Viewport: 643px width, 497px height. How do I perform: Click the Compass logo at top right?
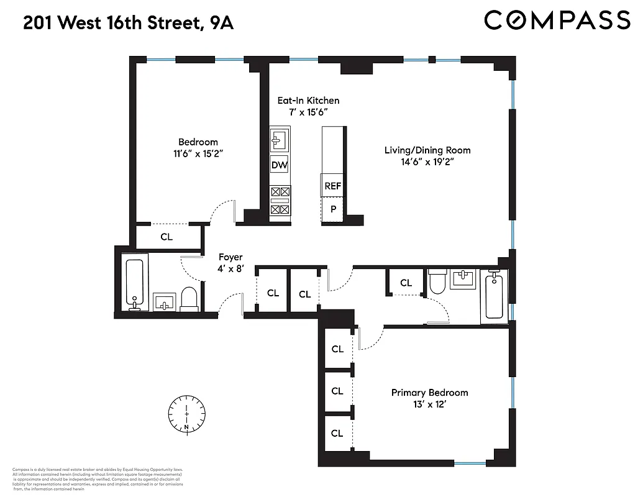[x=557, y=20]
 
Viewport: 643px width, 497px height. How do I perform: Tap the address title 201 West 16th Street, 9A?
[x=129, y=24]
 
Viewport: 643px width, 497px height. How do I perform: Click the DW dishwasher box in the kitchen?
[x=280, y=165]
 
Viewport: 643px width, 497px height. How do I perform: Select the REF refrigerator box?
[x=333, y=186]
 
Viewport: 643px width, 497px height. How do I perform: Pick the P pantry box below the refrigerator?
[x=333, y=209]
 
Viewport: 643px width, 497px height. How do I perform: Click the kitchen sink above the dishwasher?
[x=280, y=140]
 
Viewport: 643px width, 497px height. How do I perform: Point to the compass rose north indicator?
[x=186, y=413]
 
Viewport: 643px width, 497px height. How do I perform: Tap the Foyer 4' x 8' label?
[x=230, y=263]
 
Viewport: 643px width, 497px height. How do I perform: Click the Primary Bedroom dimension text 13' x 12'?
[x=429, y=404]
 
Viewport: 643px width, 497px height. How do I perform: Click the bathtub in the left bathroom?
[x=135, y=284]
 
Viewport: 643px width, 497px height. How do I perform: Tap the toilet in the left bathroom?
[x=189, y=298]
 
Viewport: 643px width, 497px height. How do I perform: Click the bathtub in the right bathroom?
[x=495, y=296]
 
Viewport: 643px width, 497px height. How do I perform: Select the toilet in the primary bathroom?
[x=438, y=283]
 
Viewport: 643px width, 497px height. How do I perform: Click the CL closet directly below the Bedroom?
[x=166, y=237]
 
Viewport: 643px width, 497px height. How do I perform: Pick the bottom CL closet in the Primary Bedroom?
[x=337, y=433]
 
